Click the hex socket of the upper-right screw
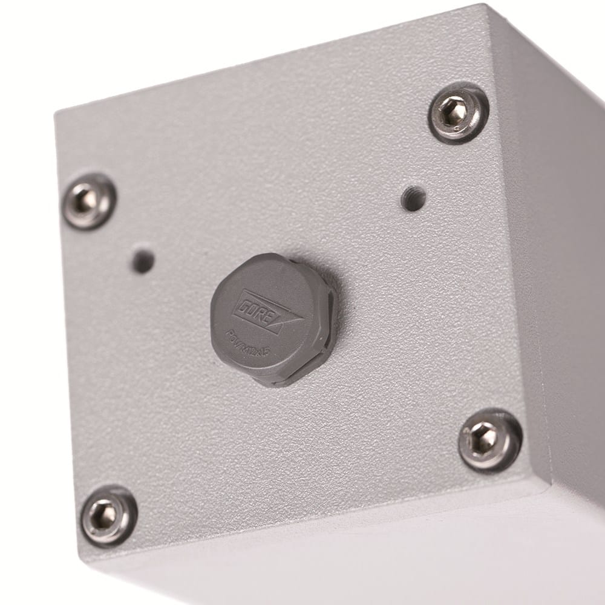(455, 111)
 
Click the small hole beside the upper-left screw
(143, 261)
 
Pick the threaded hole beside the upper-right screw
(413, 198)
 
